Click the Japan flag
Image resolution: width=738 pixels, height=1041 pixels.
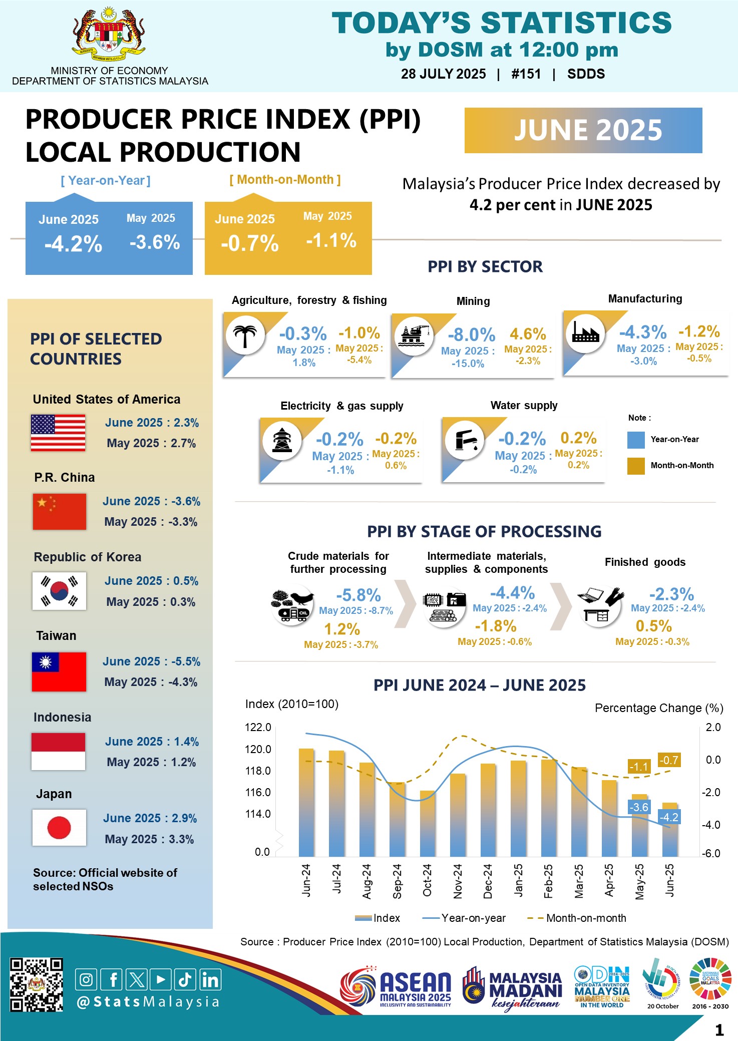(x=59, y=827)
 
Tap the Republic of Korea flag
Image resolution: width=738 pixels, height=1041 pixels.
(x=59, y=591)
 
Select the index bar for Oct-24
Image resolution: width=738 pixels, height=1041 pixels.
(x=427, y=823)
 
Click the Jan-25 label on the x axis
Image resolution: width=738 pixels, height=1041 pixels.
(x=518, y=880)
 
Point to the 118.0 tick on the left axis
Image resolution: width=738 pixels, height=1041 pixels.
(x=258, y=771)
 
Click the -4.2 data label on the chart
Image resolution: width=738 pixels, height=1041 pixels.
(x=669, y=817)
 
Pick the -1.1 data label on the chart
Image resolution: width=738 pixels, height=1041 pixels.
(x=638, y=767)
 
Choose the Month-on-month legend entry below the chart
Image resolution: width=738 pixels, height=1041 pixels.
(x=577, y=918)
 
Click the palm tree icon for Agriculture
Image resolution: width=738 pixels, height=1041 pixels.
(x=245, y=335)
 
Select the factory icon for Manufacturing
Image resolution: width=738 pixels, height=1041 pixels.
(x=585, y=332)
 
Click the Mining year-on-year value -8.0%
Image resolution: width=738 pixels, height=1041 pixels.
(x=471, y=334)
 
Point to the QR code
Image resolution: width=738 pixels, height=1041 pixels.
(x=37, y=984)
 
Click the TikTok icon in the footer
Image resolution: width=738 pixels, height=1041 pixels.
(x=185, y=979)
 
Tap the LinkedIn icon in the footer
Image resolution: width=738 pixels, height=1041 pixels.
(x=210, y=979)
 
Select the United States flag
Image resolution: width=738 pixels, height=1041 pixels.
(x=58, y=433)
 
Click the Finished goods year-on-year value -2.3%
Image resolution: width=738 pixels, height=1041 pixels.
(x=671, y=594)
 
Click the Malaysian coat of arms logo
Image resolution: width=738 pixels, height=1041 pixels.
(x=109, y=35)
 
